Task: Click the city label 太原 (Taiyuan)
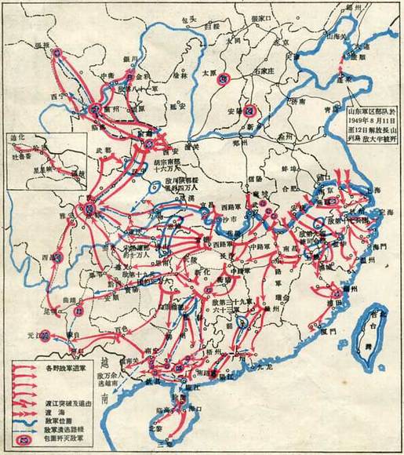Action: [225, 67]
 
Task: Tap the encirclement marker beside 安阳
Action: [251, 109]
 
